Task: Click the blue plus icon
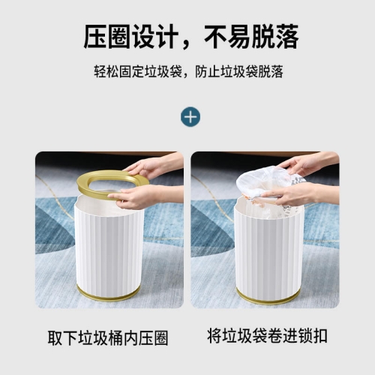[x=190, y=117]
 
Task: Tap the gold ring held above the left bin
[x=84, y=184]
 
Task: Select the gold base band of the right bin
[x=268, y=297]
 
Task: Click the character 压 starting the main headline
[x=95, y=37]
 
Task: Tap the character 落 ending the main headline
[x=287, y=37]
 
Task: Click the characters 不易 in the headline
[x=227, y=37]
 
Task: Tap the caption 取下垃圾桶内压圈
[x=108, y=338]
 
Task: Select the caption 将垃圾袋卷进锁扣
[x=267, y=336]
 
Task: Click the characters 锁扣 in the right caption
[x=313, y=336]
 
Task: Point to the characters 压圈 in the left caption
[x=153, y=338]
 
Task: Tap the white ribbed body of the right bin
[x=268, y=250]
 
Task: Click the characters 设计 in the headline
[x=155, y=37]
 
